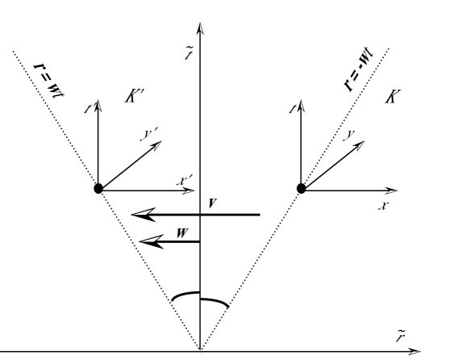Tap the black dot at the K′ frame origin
pos(98,189)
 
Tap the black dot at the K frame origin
pos(302,188)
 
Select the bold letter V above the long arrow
pos(210,203)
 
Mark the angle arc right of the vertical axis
pos(214,302)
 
